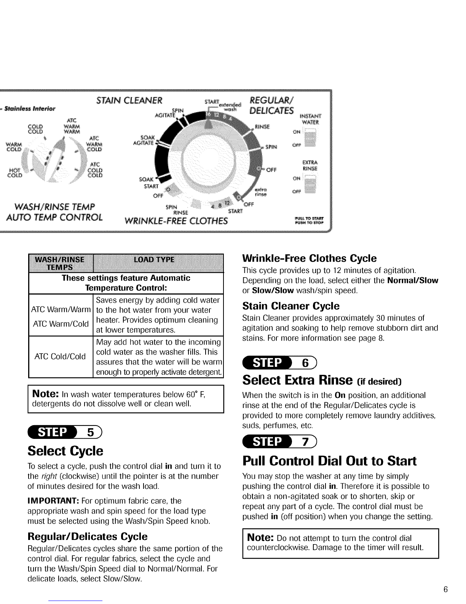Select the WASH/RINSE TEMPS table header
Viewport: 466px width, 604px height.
60,263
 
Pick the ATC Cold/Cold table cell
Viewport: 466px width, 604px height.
60,357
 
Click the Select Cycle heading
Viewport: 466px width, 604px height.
65,451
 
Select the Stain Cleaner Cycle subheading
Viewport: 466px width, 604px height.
291,306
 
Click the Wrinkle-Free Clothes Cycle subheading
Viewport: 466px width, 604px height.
310,259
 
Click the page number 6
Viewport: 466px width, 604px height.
445,590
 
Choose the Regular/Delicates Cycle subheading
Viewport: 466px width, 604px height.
88,537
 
